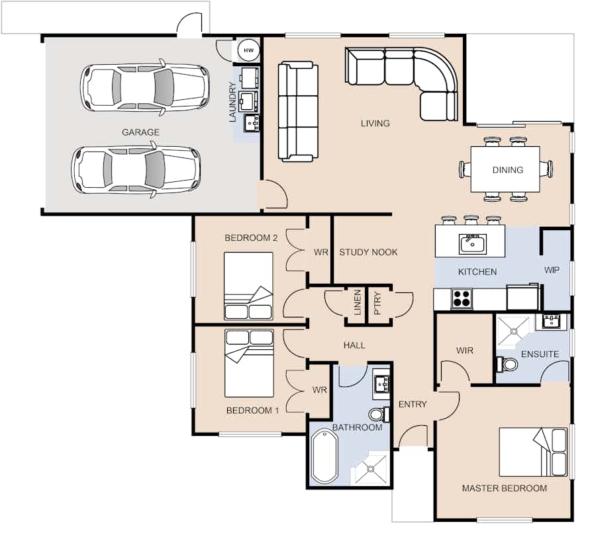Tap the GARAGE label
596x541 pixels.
tap(140, 132)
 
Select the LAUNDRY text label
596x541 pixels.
tap(232, 102)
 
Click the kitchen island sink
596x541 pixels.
tap(473, 243)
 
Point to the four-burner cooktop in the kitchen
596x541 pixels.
tap(461, 299)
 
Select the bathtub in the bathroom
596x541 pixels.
tap(324, 456)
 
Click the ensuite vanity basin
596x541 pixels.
tap(551, 322)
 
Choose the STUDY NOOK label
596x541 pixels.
tap(368, 252)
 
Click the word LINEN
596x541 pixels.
tap(357, 302)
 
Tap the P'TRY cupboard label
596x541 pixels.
tap(377, 302)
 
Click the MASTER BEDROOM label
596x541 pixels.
tap(504, 488)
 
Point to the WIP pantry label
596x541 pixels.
tap(552, 270)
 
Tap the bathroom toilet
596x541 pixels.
tap(376, 415)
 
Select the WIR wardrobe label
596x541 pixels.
tap(465, 351)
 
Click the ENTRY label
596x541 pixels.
tap(412, 404)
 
